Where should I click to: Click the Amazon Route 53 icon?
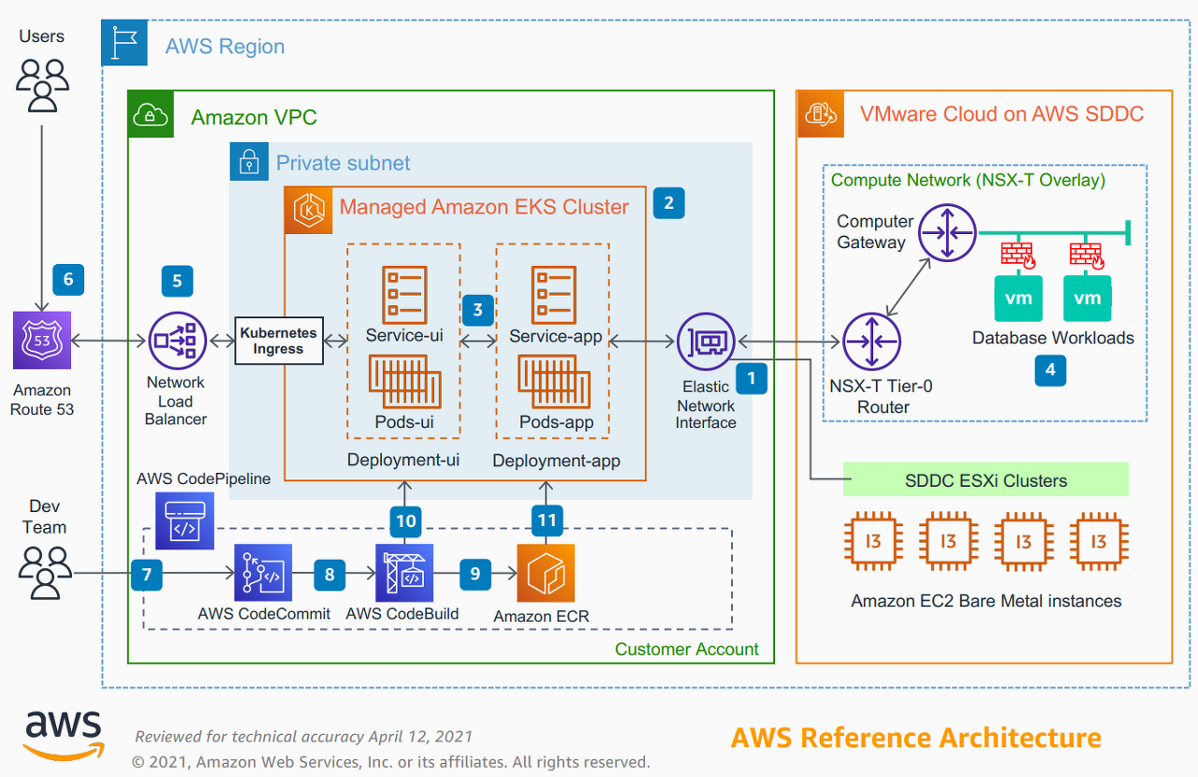click(42, 341)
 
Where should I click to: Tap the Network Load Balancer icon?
click(177, 341)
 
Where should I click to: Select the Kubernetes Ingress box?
click(278, 342)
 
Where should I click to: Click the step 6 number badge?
click(68, 279)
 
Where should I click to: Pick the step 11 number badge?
click(548, 520)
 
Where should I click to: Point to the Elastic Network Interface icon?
click(706, 342)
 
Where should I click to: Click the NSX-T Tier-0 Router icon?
click(871, 342)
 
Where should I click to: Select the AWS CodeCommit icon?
click(263, 573)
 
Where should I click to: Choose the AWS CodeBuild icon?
click(404, 573)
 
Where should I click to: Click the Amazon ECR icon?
click(546, 573)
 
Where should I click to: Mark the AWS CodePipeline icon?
click(184, 521)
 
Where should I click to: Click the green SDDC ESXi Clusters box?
click(986, 480)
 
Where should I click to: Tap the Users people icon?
click(42, 86)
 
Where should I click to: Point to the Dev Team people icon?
click(45, 572)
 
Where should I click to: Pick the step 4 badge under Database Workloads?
click(1050, 371)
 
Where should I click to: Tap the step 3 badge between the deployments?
click(477, 310)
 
